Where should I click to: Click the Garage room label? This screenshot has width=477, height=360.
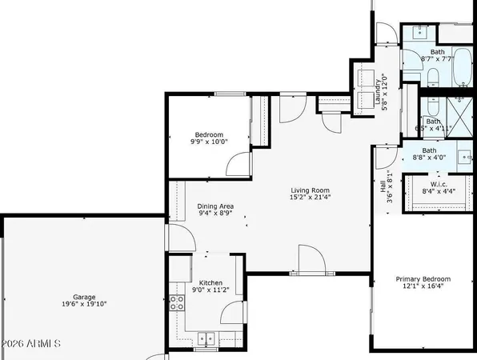click(79, 295)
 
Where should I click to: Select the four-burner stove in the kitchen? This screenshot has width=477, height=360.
click(175, 302)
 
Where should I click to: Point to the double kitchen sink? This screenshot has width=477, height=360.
click(206, 338)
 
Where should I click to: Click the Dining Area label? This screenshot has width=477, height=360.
click(215, 206)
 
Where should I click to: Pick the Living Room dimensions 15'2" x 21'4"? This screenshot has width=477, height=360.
click(311, 198)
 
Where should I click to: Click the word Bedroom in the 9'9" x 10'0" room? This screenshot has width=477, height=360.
click(209, 134)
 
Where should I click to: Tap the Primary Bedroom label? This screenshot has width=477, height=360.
click(423, 279)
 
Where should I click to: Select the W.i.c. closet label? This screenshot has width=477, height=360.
click(439, 183)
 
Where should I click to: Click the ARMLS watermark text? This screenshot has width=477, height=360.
click(32, 344)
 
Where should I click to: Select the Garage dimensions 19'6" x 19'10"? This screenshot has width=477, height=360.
click(79, 304)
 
